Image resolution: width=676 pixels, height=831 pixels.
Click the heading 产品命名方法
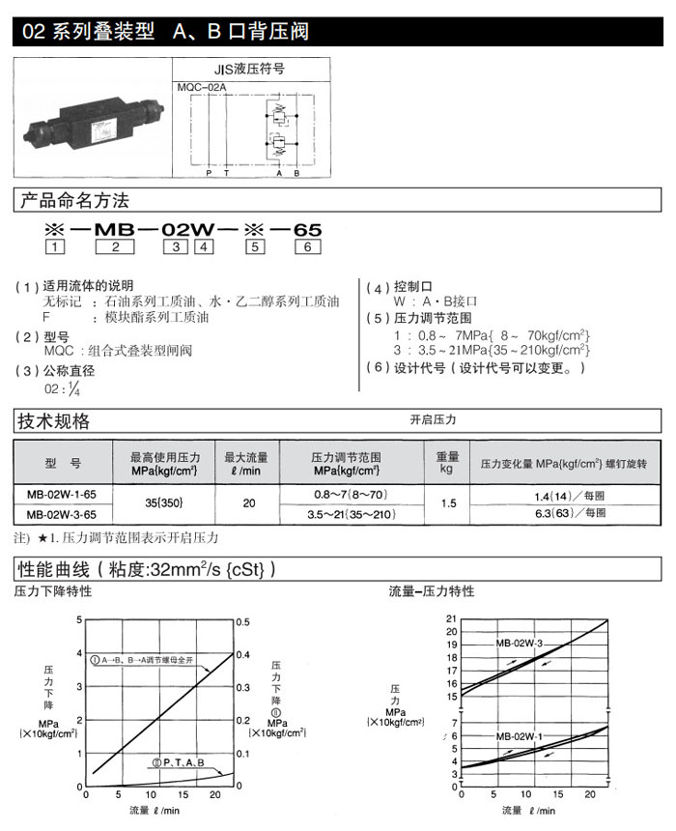click(x=74, y=201)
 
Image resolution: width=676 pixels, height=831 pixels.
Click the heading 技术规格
click(x=55, y=421)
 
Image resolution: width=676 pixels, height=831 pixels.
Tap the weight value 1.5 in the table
click(x=447, y=503)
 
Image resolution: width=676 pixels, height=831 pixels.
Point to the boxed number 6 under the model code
click(x=306, y=247)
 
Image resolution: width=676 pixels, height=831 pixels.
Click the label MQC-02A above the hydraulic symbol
click(x=202, y=88)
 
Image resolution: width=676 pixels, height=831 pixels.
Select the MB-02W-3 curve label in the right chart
click(x=519, y=643)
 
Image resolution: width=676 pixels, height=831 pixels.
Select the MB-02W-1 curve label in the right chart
click(x=519, y=737)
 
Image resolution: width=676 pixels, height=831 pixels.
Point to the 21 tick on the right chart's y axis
click(x=449, y=618)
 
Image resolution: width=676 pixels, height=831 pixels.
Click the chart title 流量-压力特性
click(x=432, y=591)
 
